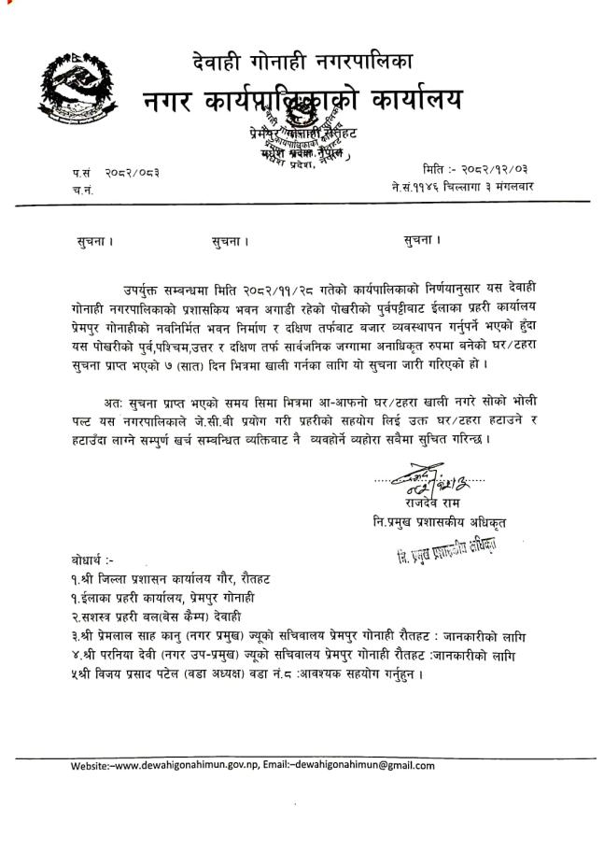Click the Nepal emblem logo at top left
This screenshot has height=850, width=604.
[72, 89]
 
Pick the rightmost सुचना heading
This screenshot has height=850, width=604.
[422, 240]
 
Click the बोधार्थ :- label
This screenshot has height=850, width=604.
[95, 560]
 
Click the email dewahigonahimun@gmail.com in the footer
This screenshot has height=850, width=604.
[365, 766]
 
